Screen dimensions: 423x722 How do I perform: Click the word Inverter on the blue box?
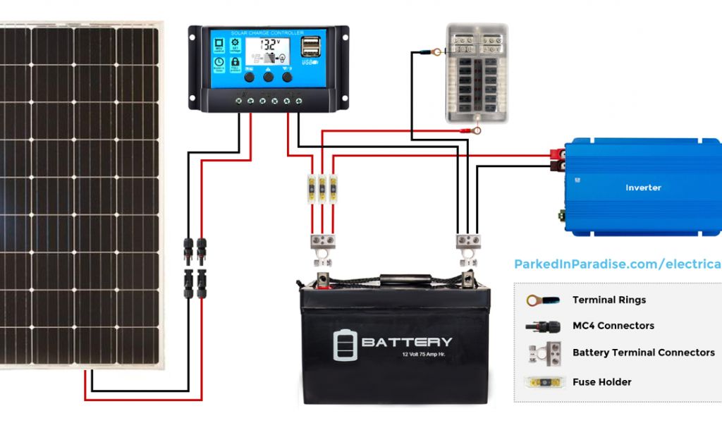click(643, 188)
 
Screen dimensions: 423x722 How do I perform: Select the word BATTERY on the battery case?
click(407, 343)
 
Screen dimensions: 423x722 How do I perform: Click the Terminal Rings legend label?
click(608, 300)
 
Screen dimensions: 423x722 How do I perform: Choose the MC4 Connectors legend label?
click(613, 326)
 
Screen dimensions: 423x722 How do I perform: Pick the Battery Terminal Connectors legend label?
click(643, 352)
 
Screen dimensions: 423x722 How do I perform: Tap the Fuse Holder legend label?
click(601, 382)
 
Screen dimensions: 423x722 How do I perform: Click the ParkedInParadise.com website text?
click(617, 264)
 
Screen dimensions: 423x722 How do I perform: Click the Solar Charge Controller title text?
click(267, 32)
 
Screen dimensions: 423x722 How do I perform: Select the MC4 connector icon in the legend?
click(542, 326)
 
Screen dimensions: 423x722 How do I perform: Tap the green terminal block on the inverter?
click(562, 211)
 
